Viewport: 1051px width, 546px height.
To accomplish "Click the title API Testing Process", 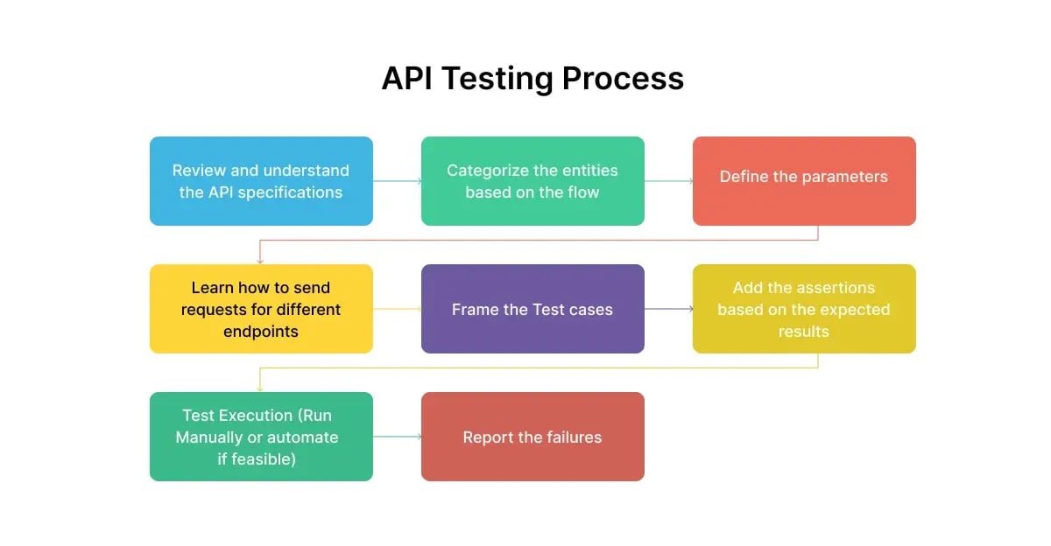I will [533, 79].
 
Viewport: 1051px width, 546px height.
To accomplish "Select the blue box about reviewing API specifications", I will [261, 181].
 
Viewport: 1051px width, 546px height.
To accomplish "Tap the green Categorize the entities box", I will [533, 181].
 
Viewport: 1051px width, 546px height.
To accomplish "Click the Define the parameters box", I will [804, 181].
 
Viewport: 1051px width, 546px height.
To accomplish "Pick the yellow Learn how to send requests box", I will [261, 309].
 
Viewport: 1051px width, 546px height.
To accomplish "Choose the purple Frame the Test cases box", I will [533, 309].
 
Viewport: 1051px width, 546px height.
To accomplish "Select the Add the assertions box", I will [804, 309].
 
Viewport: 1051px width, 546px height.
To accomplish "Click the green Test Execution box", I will [261, 437].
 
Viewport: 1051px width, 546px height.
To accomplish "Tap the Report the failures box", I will [533, 437].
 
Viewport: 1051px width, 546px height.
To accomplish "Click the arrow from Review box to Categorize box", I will [397, 181].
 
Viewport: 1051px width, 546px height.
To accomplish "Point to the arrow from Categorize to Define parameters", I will [668, 181].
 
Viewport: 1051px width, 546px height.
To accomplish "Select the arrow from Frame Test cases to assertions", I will [668, 309].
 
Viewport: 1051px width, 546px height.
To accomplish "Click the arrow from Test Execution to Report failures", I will [397, 437].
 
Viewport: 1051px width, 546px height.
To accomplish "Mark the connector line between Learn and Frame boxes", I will [397, 309].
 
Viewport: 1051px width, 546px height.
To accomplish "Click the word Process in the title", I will [623, 79].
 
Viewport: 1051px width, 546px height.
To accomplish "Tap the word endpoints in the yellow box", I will [261, 332].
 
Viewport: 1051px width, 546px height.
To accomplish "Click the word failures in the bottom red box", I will [571, 437].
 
